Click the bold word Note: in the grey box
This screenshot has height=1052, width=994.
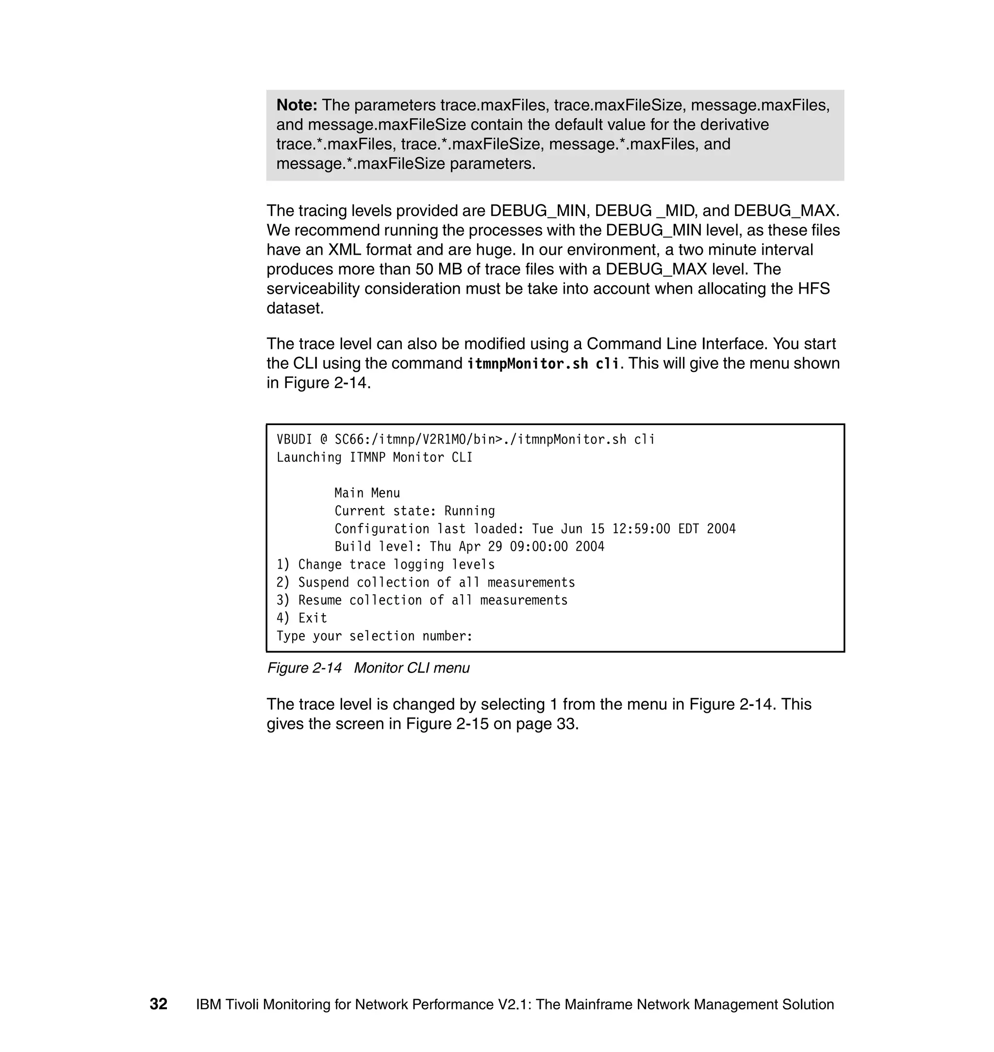296,105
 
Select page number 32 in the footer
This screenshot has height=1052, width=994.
158,1004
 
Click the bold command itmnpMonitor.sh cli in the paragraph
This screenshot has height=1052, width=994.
543,364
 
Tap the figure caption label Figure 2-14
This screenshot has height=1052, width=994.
304,668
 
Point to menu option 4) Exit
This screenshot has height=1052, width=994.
301,618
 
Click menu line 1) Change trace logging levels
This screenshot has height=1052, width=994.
385,565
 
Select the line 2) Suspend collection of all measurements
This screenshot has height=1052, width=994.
426,583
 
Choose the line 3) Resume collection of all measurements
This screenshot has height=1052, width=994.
422,600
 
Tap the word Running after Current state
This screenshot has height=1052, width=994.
469,511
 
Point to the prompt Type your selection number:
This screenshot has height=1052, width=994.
374,636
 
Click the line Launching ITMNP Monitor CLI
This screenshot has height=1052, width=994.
374,458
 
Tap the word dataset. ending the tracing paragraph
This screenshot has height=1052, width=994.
295,308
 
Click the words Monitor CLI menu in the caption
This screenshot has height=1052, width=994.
412,668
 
